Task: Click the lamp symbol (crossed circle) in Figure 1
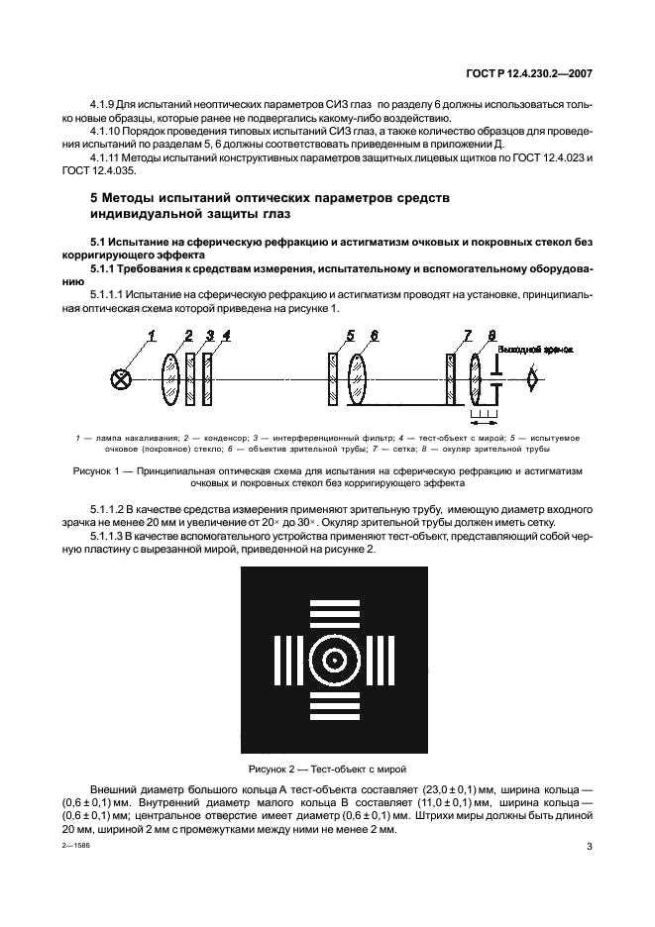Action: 123,378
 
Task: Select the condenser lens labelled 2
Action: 170,377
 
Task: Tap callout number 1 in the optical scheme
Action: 153,337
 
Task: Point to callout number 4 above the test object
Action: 226,337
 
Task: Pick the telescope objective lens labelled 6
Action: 358,377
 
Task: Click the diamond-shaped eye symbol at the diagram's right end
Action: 535,377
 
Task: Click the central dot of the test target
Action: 333,660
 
